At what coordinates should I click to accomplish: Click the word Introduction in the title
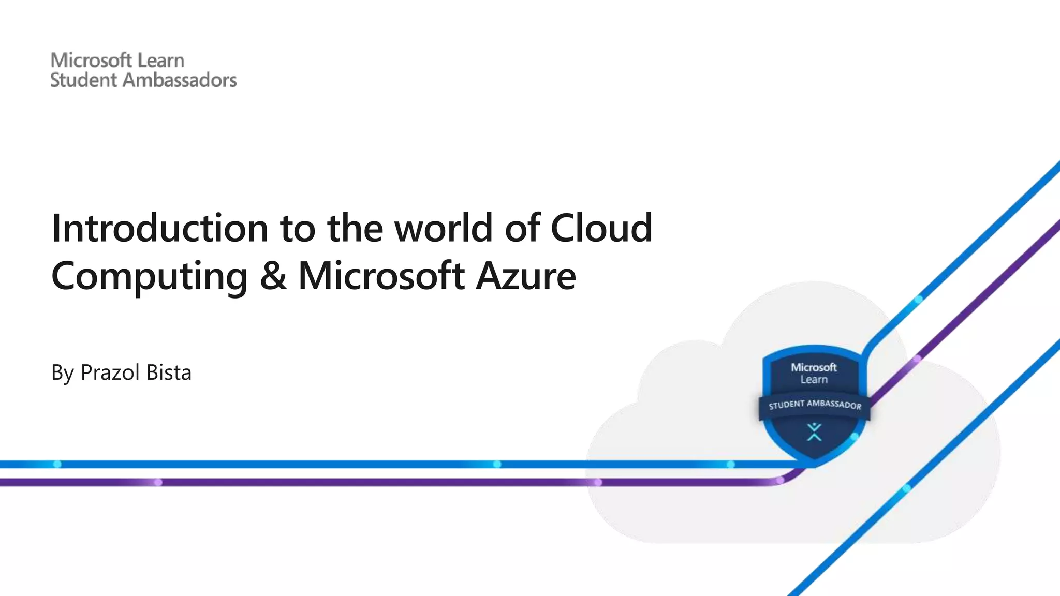click(160, 228)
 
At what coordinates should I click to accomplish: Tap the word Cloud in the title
click(601, 228)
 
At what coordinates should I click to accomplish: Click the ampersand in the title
click(273, 276)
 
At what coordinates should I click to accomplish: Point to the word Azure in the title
click(525, 276)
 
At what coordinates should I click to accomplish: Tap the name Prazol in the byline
click(109, 373)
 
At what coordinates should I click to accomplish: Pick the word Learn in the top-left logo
click(161, 61)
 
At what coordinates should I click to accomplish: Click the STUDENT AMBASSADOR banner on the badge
click(815, 405)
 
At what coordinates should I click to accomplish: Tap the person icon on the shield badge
click(814, 432)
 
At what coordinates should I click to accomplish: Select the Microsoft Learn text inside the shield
click(814, 373)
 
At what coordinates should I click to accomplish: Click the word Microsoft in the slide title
click(381, 276)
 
